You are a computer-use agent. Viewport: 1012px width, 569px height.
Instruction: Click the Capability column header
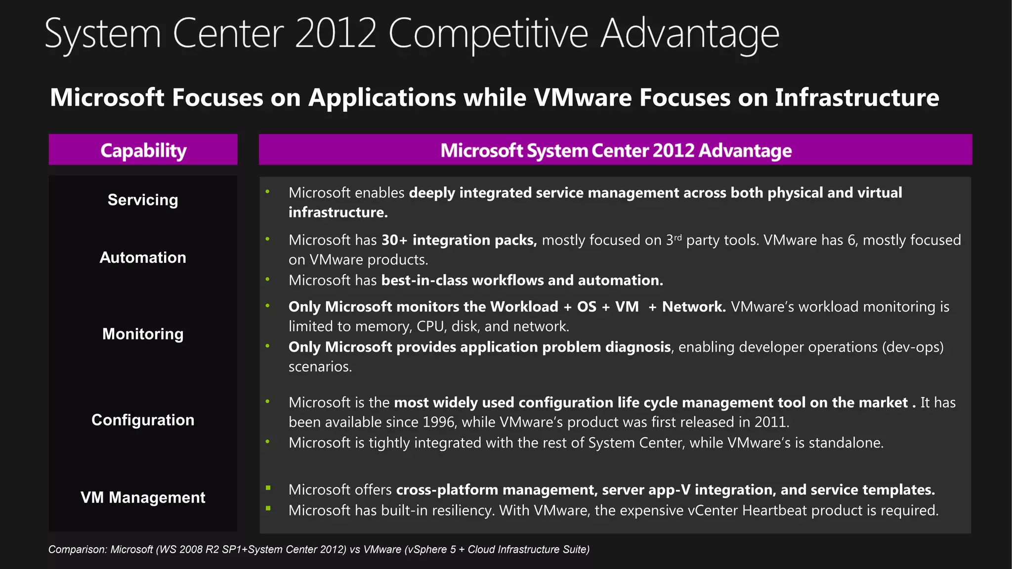point(143,150)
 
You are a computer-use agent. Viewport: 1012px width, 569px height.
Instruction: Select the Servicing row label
point(143,200)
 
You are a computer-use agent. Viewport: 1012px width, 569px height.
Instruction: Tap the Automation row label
point(143,257)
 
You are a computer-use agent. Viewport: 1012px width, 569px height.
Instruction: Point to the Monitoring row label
point(143,334)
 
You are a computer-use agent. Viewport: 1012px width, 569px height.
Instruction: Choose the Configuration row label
point(143,420)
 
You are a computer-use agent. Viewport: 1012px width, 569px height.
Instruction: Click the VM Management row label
point(143,497)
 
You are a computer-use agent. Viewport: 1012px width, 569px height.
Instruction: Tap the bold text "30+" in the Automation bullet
point(394,240)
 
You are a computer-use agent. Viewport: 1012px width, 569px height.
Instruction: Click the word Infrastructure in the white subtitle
point(857,97)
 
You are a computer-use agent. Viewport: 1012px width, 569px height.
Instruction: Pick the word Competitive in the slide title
point(488,34)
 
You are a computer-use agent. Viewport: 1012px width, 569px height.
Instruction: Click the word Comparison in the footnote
point(77,549)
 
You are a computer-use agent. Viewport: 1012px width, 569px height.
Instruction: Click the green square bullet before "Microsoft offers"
point(268,488)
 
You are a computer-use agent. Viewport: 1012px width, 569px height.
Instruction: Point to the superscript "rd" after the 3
point(677,237)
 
